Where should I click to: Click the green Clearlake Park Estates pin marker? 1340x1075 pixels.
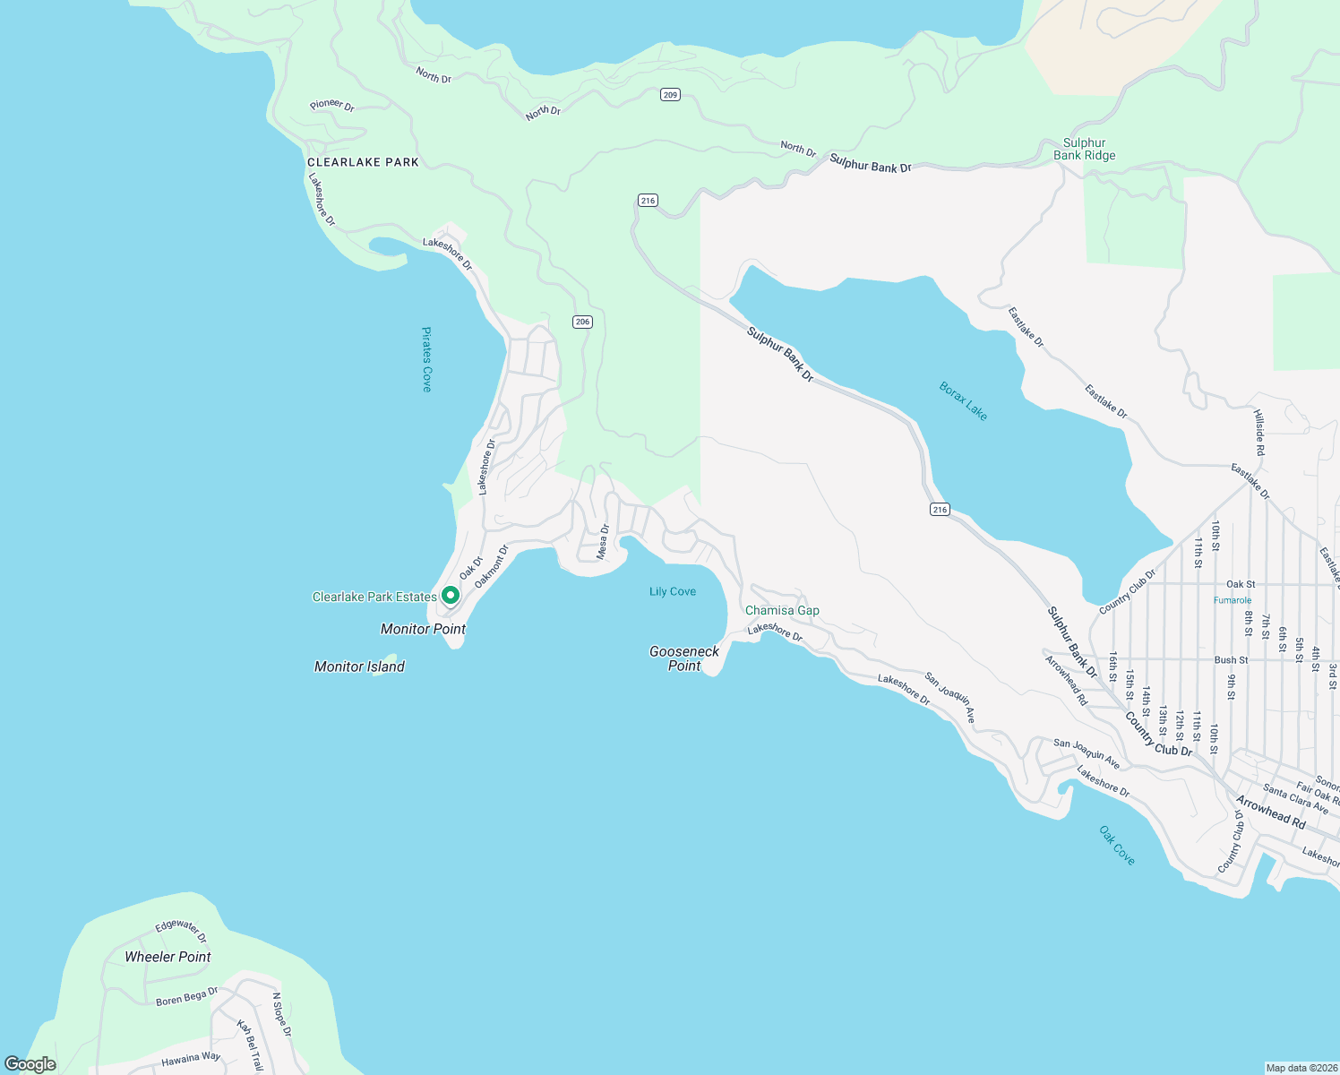tap(451, 595)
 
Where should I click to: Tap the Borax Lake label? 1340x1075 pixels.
tap(963, 401)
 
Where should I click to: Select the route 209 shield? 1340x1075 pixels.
tap(670, 95)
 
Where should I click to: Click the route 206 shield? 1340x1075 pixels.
tap(583, 322)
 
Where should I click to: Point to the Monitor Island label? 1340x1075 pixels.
tap(359, 666)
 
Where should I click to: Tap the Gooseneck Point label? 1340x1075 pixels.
tap(684, 658)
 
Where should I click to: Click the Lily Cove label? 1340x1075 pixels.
tap(673, 591)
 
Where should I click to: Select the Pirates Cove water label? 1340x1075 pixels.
tap(427, 359)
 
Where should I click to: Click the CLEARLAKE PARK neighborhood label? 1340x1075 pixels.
tap(363, 162)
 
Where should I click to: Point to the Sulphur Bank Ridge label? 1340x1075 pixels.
tap(1084, 149)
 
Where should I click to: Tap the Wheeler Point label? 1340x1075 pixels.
tap(167, 957)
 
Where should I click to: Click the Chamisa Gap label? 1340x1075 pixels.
tap(782, 610)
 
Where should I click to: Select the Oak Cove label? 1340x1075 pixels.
tap(1117, 846)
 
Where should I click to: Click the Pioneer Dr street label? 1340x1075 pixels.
tap(332, 105)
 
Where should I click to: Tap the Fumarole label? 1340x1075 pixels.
tap(1233, 600)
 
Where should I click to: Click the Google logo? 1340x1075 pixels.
tap(30, 1064)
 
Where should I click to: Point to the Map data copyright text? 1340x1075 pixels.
tap(1300, 1068)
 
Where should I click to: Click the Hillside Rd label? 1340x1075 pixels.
tap(1258, 434)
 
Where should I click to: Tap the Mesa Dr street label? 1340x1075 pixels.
tap(604, 542)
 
